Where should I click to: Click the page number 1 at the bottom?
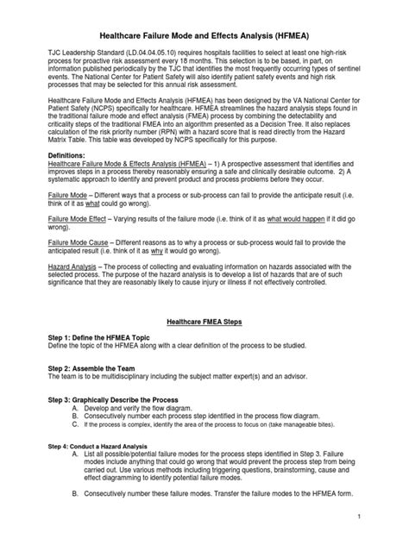381,515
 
